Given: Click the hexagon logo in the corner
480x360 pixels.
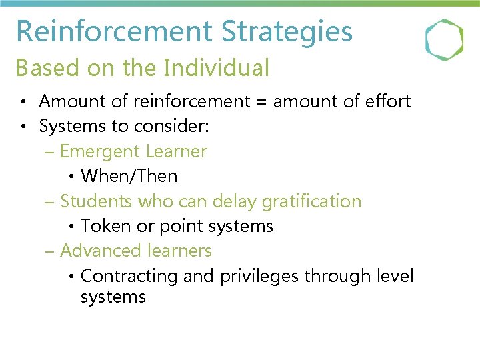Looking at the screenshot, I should pos(444,39).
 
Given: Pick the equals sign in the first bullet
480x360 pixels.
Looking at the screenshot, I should pos(263,102).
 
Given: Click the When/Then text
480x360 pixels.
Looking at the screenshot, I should pos(129,176).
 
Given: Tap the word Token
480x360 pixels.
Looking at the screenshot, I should pos(105,226).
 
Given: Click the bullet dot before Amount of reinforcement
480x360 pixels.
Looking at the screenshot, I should pos(23,102).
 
